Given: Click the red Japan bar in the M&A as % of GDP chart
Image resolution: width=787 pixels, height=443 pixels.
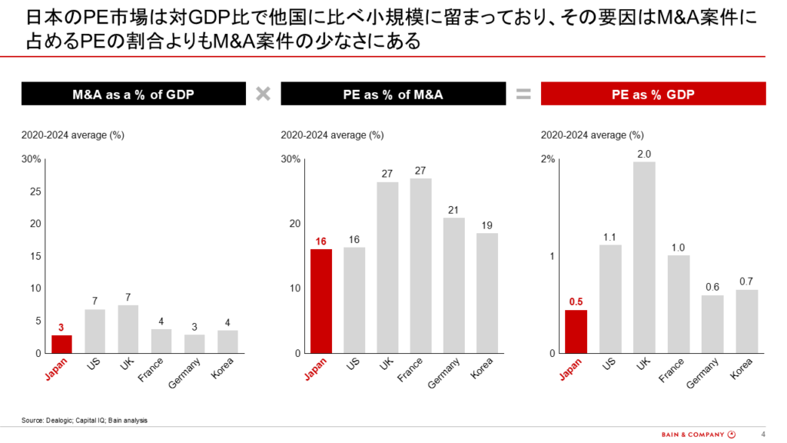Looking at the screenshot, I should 62,344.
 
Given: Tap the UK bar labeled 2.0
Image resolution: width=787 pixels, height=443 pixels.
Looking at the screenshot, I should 644,257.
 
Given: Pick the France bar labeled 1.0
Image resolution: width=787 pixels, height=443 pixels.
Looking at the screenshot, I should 678,304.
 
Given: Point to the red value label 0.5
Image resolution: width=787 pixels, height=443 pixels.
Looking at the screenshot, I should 576,301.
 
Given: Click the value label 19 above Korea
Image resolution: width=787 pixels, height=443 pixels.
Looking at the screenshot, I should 486,225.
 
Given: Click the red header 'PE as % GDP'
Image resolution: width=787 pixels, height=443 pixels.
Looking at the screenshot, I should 653,95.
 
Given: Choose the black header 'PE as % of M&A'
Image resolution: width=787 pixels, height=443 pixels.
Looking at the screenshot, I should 393,95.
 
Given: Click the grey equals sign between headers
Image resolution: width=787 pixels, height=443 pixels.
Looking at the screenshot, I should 523,95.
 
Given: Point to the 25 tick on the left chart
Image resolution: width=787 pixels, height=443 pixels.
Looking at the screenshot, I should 35,192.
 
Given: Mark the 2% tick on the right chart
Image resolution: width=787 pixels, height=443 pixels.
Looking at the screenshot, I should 548,159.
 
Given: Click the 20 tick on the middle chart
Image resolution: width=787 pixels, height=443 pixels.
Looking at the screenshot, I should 294,224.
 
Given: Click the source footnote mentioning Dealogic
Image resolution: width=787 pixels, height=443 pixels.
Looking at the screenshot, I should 85,420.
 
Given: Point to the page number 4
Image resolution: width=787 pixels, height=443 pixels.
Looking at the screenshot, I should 762,432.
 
